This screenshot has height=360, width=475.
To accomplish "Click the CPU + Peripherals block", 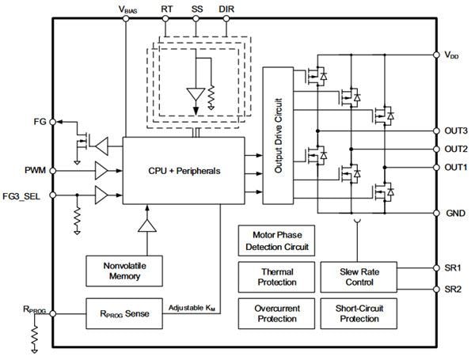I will click(x=184, y=170).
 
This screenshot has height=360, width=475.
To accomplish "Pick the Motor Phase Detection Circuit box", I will click(x=276, y=241).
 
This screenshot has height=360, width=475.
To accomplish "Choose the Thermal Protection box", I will click(x=276, y=277).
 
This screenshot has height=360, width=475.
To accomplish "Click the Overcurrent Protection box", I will click(x=276, y=313).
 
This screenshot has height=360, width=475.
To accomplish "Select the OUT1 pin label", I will click(x=455, y=167).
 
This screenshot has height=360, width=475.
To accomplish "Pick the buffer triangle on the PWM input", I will click(x=102, y=170).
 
